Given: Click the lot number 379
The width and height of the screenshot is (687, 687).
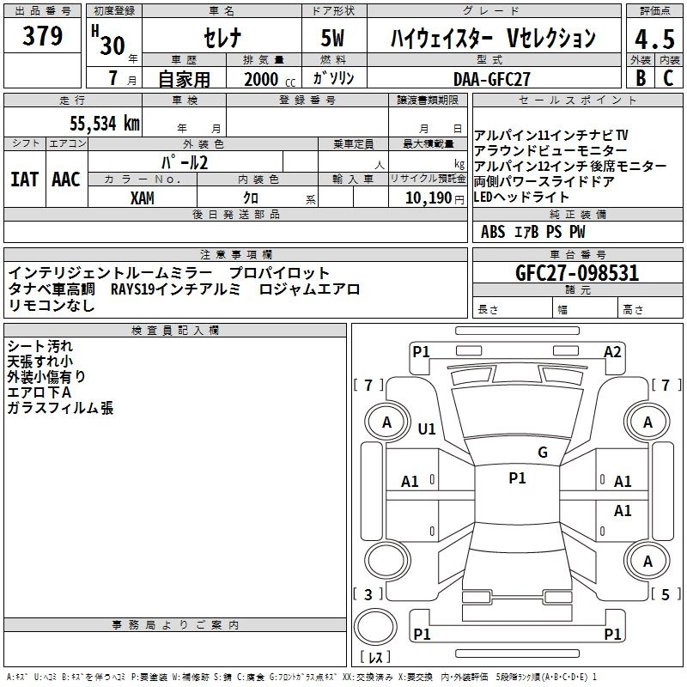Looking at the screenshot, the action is (x=44, y=37).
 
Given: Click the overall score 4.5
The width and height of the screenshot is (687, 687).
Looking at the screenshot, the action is (x=654, y=39).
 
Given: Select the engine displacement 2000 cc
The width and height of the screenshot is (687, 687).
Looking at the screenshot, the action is (x=269, y=79).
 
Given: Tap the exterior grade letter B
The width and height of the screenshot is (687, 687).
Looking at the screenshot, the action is (x=640, y=78).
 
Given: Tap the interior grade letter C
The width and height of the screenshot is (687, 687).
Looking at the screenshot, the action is (x=668, y=78).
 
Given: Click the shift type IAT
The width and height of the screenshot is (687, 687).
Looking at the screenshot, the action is (x=24, y=179).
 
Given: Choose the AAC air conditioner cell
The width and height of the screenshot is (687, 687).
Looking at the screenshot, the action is (x=66, y=179).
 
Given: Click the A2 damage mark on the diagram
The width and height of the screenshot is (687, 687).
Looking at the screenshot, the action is (x=612, y=351).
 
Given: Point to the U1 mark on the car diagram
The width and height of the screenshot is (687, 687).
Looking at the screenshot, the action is (x=427, y=429).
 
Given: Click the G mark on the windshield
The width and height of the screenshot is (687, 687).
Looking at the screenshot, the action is (x=542, y=452).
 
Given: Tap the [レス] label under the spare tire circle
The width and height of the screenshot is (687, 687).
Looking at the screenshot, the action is (x=375, y=659).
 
